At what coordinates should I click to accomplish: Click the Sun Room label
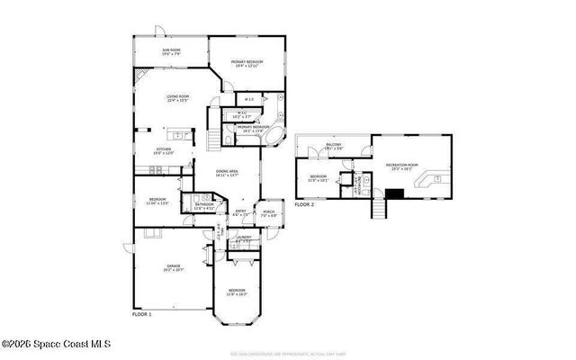point(171,52)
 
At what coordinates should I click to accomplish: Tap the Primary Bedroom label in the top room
point(245,64)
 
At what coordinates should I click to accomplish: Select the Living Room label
point(177,98)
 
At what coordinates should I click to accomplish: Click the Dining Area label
point(227,174)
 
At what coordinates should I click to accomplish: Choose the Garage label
point(173,267)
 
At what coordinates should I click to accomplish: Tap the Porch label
point(268,215)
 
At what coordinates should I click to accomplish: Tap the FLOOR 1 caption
point(142,314)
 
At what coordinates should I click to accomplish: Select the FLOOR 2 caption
point(305,205)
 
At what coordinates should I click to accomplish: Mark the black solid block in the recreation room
point(394,192)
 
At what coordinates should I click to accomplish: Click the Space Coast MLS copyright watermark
point(56,343)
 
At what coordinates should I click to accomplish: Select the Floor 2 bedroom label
point(318,177)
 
